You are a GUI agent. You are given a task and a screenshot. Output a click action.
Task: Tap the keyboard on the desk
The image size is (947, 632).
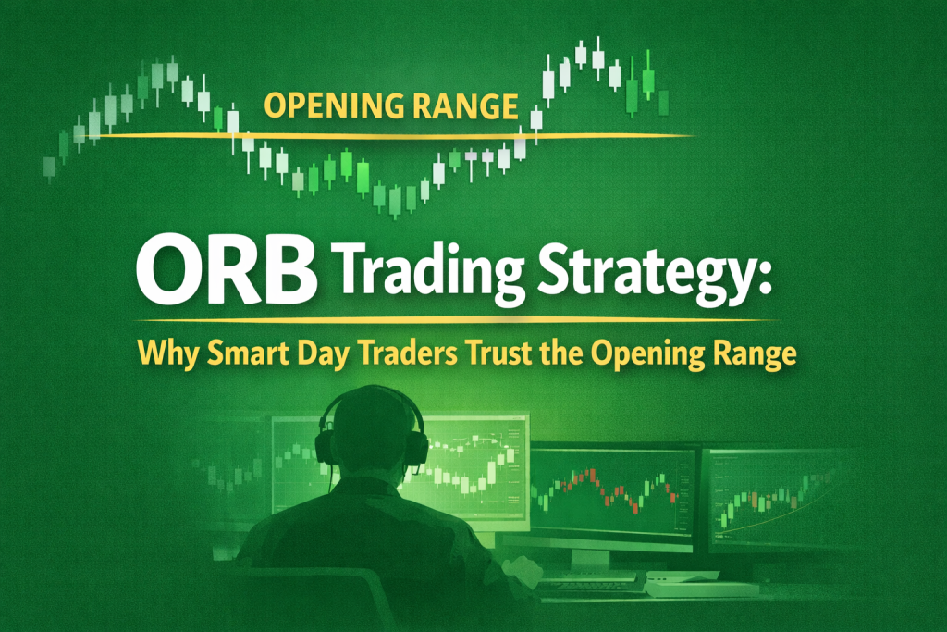[x=592, y=584]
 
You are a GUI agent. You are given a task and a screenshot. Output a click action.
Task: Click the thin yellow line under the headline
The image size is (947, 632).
[x=462, y=320]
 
